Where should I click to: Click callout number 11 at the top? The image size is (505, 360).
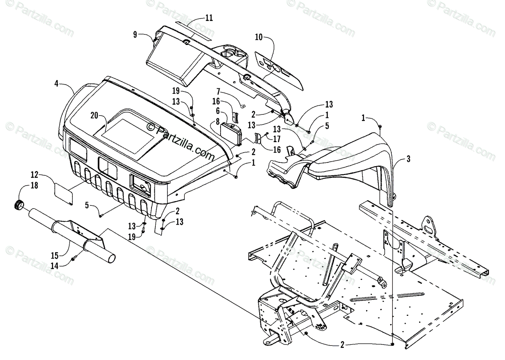(x=209, y=18)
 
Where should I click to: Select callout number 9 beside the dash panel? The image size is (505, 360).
(x=135, y=35)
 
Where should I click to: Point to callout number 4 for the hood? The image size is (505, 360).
(x=56, y=84)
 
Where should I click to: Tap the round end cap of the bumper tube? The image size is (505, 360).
(x=19, y=205)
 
